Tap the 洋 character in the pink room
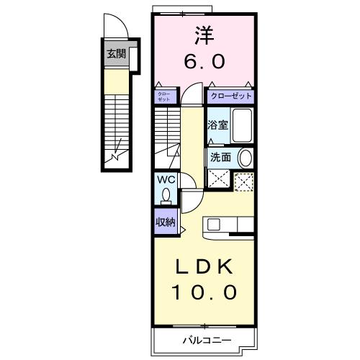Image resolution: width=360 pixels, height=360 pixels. coord(204,34)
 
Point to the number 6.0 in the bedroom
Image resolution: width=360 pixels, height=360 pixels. coord(204,61)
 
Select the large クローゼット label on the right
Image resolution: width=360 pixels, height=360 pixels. coord(231,95)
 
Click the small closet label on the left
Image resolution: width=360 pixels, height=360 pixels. coord(163,96)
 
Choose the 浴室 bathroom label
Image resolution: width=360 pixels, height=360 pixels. coord(217,125)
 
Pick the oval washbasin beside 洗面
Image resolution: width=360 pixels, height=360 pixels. coord(245,158)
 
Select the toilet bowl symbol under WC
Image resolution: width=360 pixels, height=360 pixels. coord(166,194)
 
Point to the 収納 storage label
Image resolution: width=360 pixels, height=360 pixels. coord(165,222)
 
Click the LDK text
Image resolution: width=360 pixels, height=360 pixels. coord(204,268)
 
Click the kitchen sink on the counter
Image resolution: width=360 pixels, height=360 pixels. coord(214,224)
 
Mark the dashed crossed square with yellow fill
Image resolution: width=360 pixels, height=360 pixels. coord(245,181)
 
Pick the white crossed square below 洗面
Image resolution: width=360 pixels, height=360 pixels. coord(217,179)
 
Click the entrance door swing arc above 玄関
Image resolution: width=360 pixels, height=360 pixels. coord(116,29)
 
